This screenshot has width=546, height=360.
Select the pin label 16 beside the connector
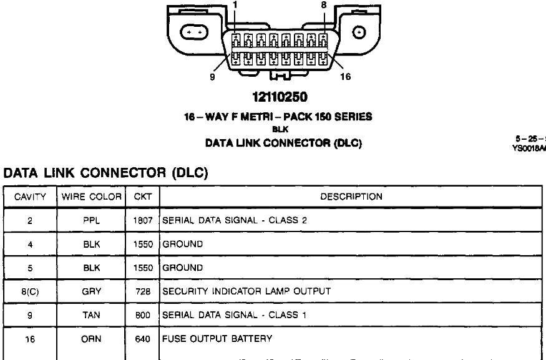[x=345, y=77]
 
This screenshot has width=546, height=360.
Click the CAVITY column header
[x=30, y=197]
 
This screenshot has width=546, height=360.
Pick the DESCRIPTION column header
[x=351, y=197]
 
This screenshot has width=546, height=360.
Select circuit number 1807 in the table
[x=143, y=220]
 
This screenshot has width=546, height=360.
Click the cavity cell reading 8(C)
[x=30, y=291]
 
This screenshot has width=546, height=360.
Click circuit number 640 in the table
[x=143, y=339]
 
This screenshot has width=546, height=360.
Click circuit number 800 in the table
[x=143, y=314]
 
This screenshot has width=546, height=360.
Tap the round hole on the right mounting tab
[x=359, y=32]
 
